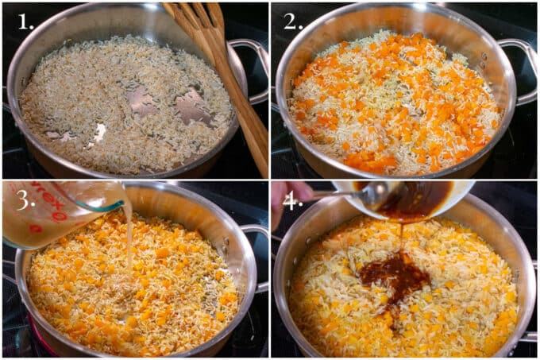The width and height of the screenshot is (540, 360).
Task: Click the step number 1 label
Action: (25, 21)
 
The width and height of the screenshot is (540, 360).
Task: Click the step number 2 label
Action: (293, 21)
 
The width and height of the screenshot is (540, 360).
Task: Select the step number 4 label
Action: (293, 200)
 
